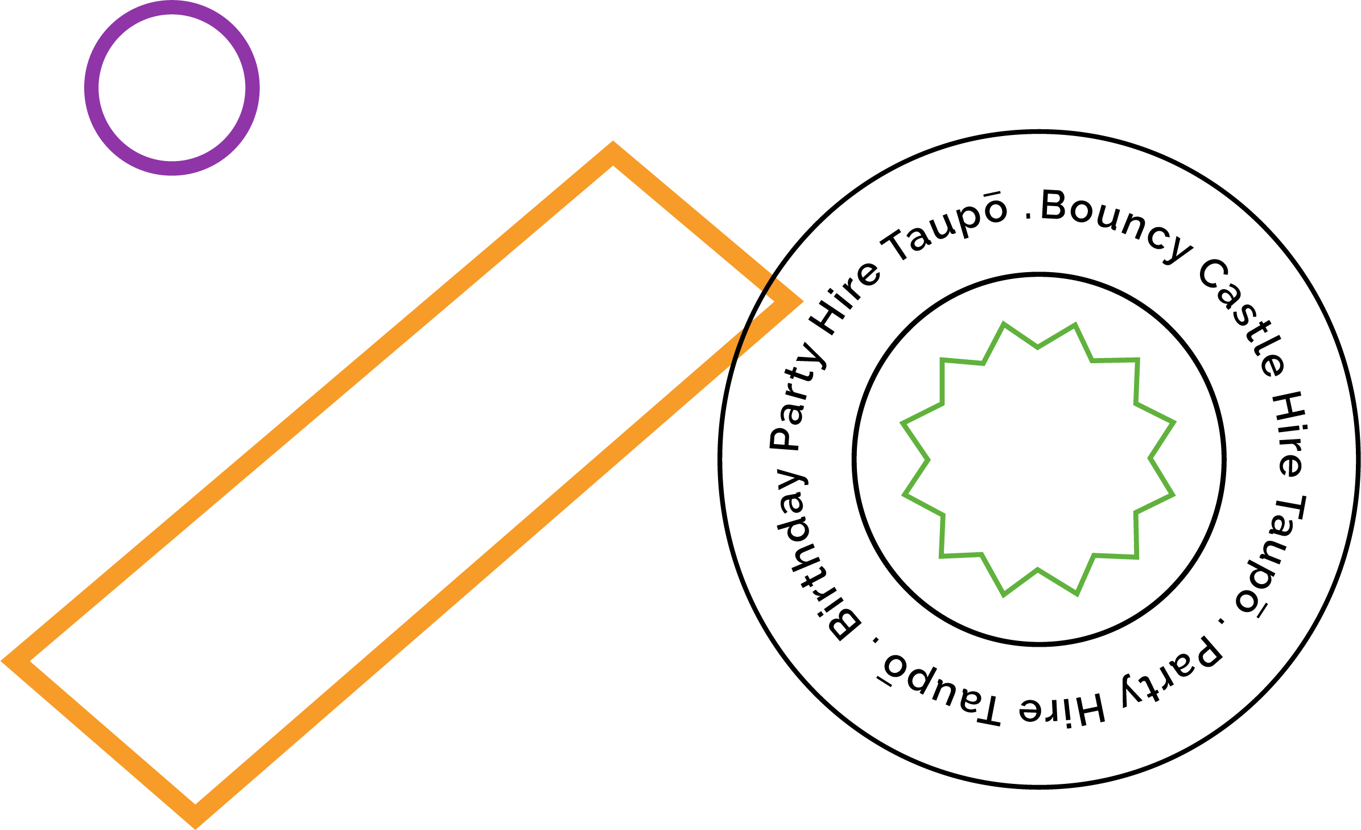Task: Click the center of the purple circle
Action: (x=172, y=88)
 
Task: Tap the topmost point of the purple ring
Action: (x=172, y=1)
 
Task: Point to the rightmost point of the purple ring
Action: (x=259, y=88)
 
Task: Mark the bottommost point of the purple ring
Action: (x=172, y=175)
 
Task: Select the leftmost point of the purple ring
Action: (x=85, y=88)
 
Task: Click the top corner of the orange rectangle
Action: (x=613, y=142)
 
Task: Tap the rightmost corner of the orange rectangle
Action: (x=803, y=302)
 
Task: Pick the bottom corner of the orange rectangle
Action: (x=195, y=828)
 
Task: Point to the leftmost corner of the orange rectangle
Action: (x=2, y=661)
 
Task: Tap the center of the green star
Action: (x=1038, y=459)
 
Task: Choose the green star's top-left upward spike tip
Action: (x=1003, y=323)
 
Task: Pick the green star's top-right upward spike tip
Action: (x=1075, y=324)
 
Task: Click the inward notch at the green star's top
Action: (x=1038, y=347)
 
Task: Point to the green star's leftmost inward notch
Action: (x=928, y=459)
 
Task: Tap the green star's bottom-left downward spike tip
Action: (x=1004, y=595)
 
